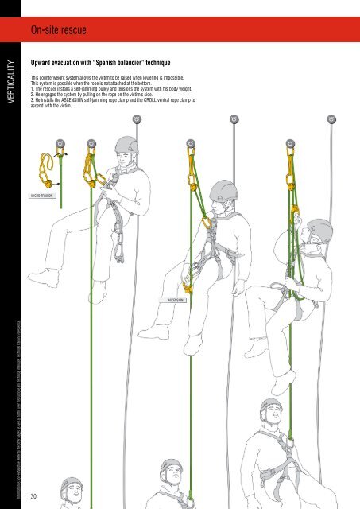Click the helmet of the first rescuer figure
[127, 146]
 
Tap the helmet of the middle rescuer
[223, 188]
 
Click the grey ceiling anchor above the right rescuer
[331, 120]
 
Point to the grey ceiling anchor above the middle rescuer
[234, 120]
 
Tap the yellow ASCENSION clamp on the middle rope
[188, 286]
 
